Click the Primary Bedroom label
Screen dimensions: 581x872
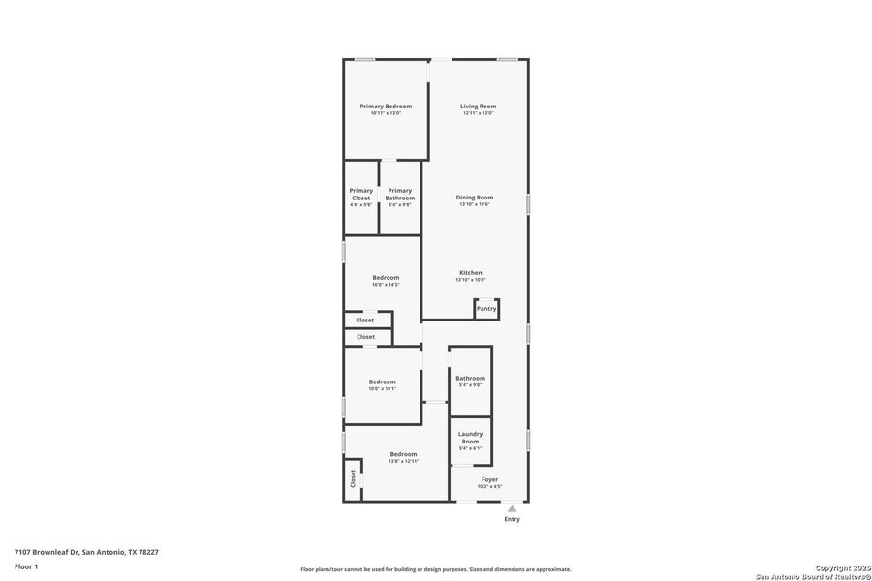(x=386, y=107)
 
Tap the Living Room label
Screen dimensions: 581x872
(x=478, y=107)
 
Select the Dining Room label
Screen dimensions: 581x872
(x=475, y=198)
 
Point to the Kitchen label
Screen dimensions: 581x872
(x=471, y=273)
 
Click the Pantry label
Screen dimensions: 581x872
(x=486, y=308)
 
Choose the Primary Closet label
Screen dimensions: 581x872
(x=360, y=194)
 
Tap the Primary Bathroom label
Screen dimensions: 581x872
(x=399, y=194)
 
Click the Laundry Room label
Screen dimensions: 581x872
(x=470, y=438)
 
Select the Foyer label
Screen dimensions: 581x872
(x=489, y=479)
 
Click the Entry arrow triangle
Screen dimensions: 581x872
(x=512, y=507)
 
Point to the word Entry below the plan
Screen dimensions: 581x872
(x=512, y=519)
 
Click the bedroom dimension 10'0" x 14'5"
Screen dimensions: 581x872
(x=386, y=285)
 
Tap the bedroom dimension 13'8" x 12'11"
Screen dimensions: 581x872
(x=403, y=461)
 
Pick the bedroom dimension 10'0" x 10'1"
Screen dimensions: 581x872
(x=382, y=388)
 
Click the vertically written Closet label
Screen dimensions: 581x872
(x=353, y=477)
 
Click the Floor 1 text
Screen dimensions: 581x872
(x=26, y=566)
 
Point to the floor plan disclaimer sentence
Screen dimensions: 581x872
(x=435, y=569)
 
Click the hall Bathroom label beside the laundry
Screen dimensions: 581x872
(x=470, y=378)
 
